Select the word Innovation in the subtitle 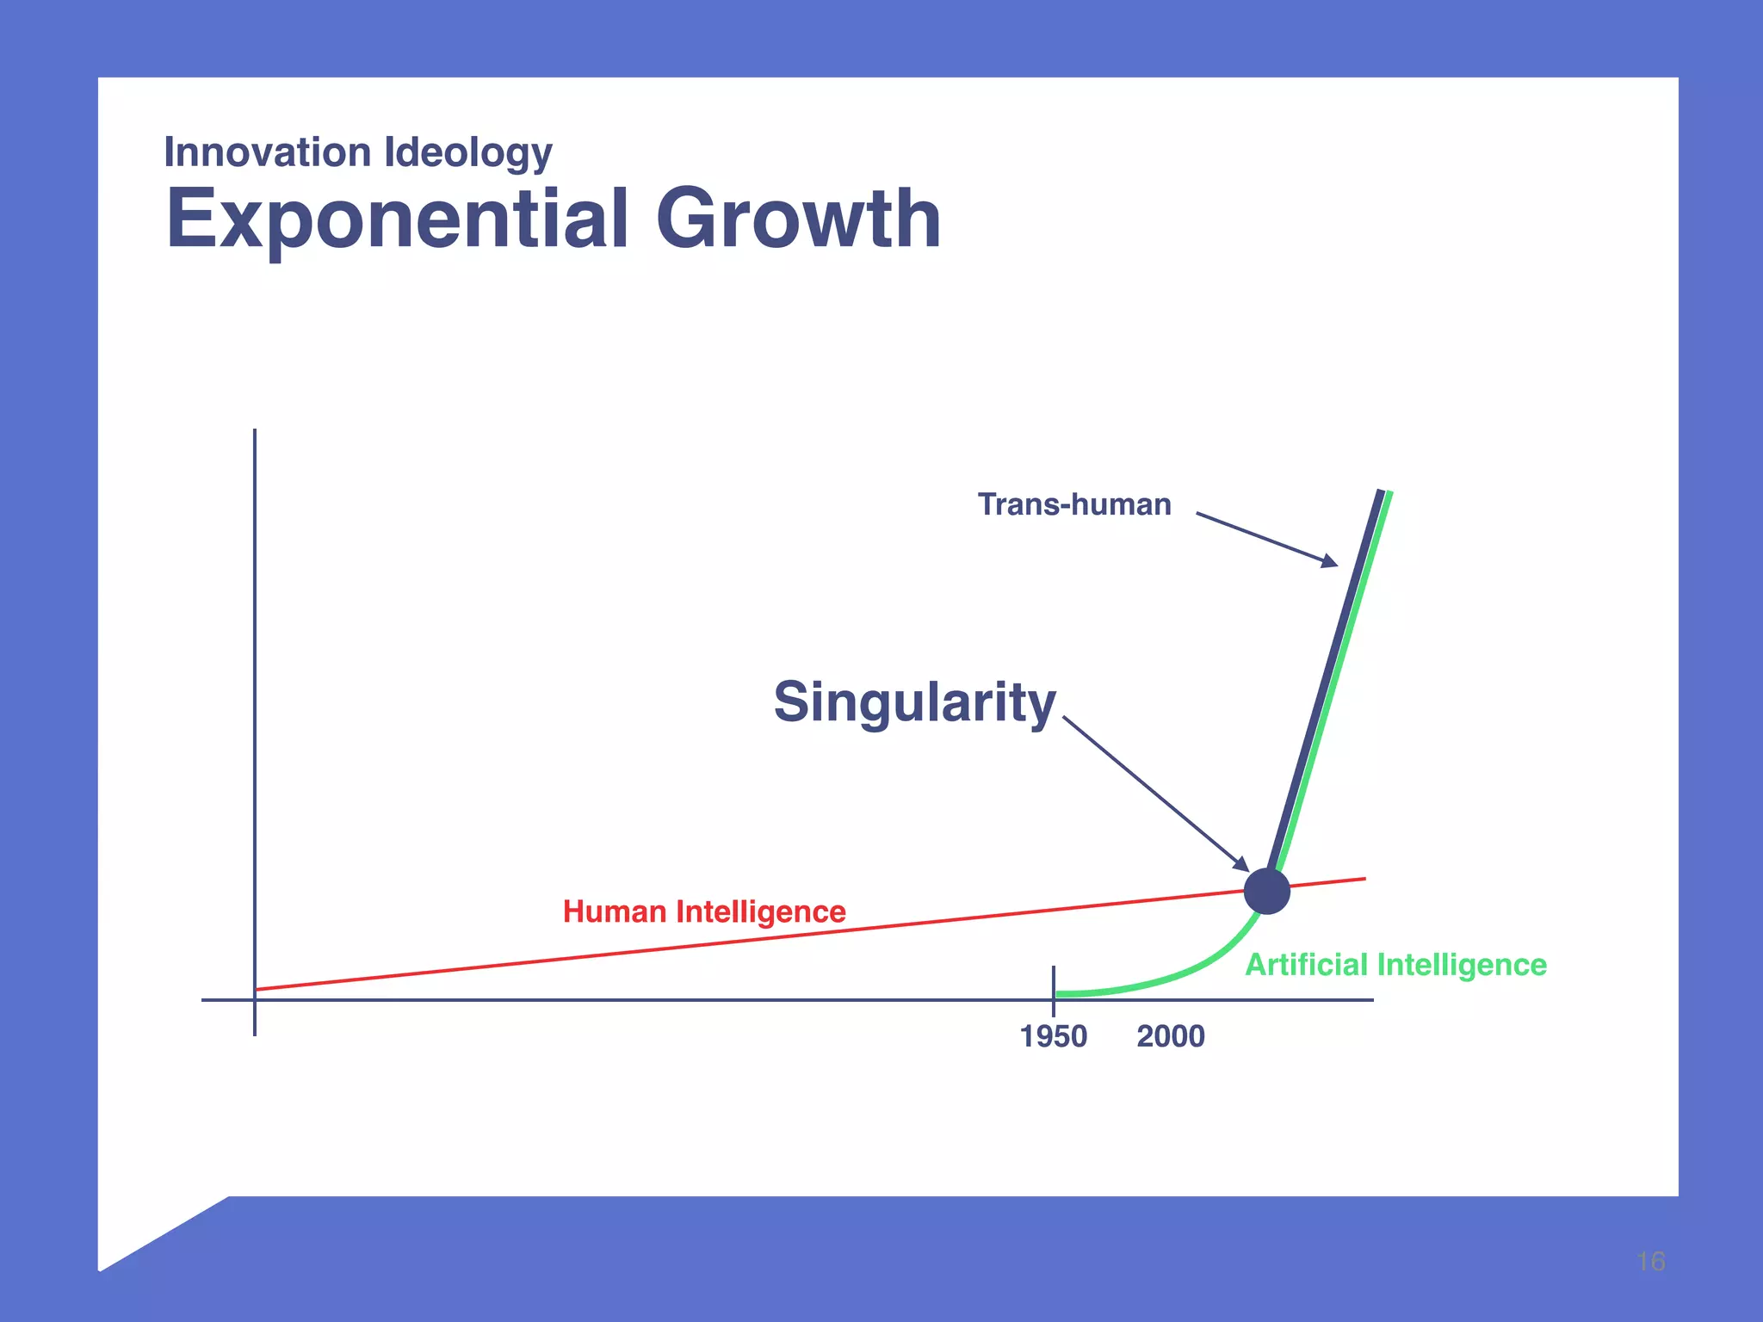[x=268, y=152]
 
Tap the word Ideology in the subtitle [x=467, y=153]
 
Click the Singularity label [x=914, y=702]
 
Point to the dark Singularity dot [x=1266, y=891]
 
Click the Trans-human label [x=1073, y=504]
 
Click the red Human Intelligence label [x=704, y=911]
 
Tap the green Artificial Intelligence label [x=1395, y=965]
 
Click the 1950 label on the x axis [x=1053, y=1036]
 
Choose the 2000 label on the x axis [x=1170, y=1036]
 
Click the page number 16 [x=1650, y=1262]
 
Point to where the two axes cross [x=255, y=1000]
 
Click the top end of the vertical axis [x=255, y=431]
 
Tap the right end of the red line [x=1364, y=879]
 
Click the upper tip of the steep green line [x=1389, y=494]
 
